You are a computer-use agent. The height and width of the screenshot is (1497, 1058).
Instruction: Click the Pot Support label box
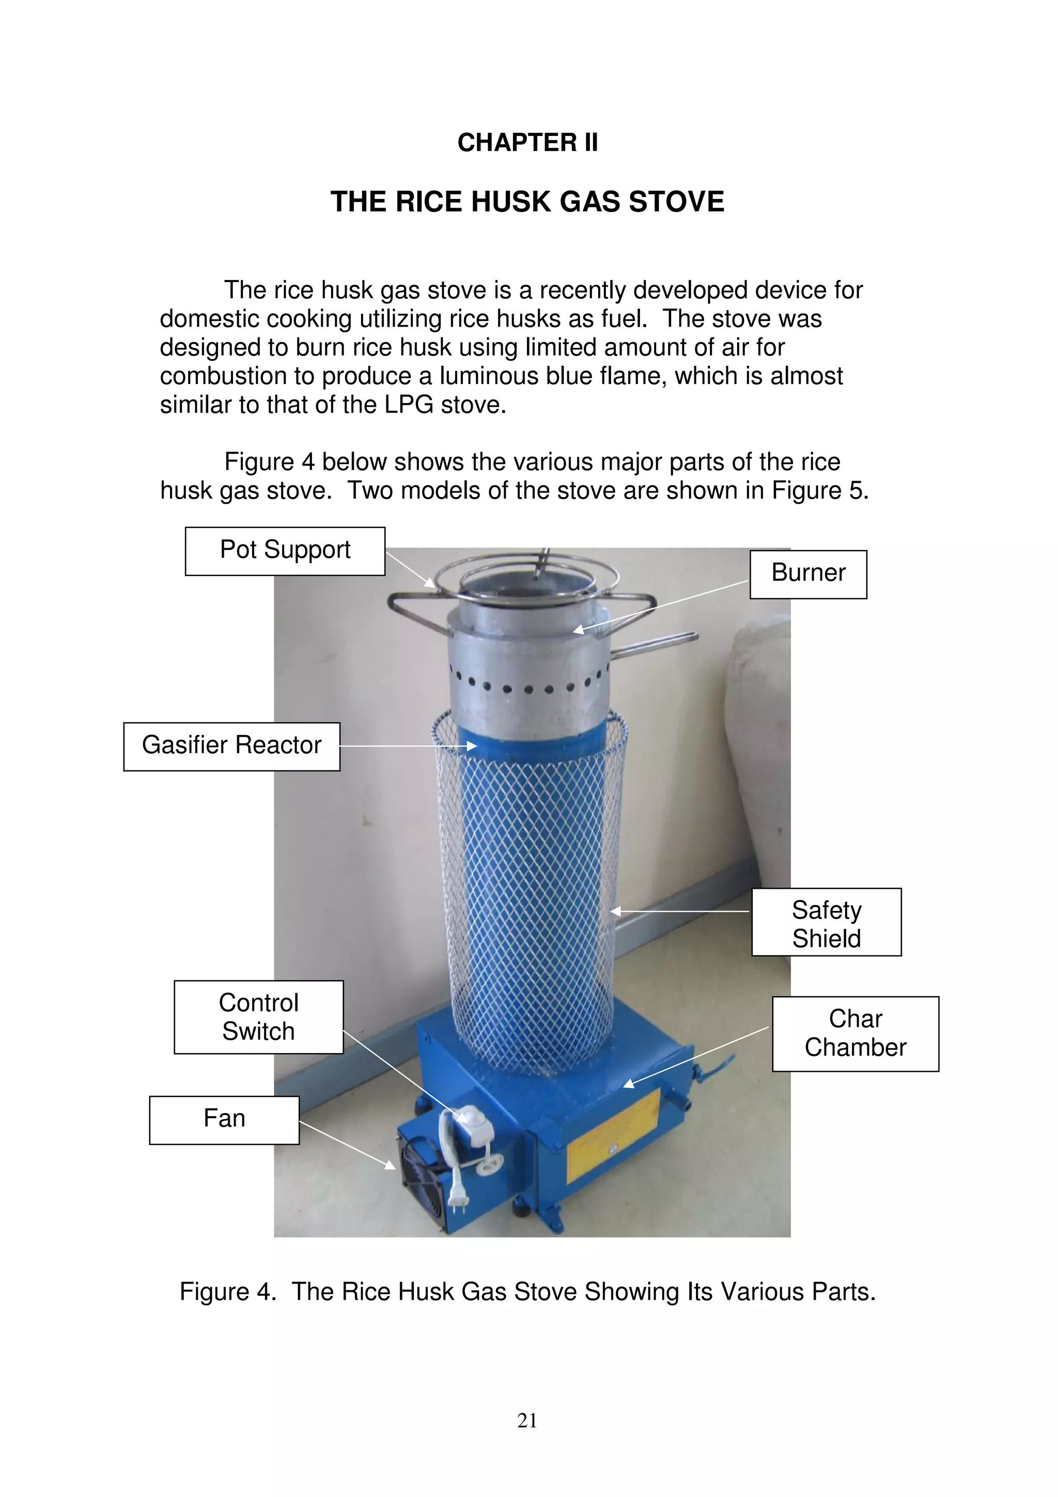click(285, 551)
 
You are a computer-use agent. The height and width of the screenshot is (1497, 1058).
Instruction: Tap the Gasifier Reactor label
click(231, 746)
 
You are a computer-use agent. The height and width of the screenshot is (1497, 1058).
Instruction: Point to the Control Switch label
click(258, 1016)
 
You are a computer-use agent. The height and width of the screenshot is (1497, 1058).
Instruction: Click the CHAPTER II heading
click(527, 142)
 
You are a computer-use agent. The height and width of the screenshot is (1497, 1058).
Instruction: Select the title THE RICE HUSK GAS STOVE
click(527, 202)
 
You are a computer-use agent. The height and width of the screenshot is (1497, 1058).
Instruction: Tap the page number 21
click(527, 1420)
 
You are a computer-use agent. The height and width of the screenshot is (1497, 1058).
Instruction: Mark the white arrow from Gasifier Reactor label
click(408, 746)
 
